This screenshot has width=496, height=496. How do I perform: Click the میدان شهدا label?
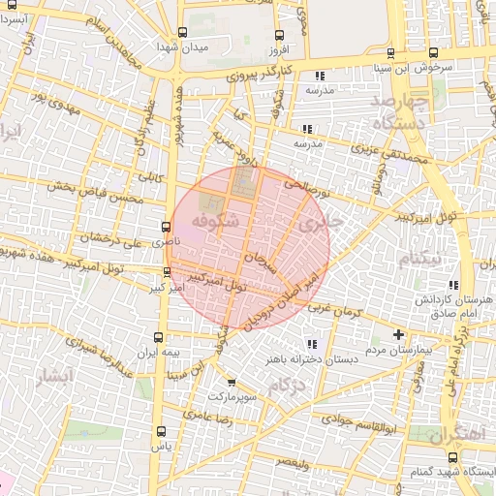[x=181, y=46]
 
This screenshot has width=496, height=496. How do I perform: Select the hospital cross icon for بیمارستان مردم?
[x=397, y=334]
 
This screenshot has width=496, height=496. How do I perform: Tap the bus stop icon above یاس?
[x=161, y=432]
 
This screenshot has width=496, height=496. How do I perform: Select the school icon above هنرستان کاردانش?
[x=453, y=286]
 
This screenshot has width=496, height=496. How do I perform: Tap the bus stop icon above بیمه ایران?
[x=159, y=338]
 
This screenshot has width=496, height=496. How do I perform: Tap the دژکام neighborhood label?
[x=288, y=388]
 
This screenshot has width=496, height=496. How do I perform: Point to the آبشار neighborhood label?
[x=52, y=376]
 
